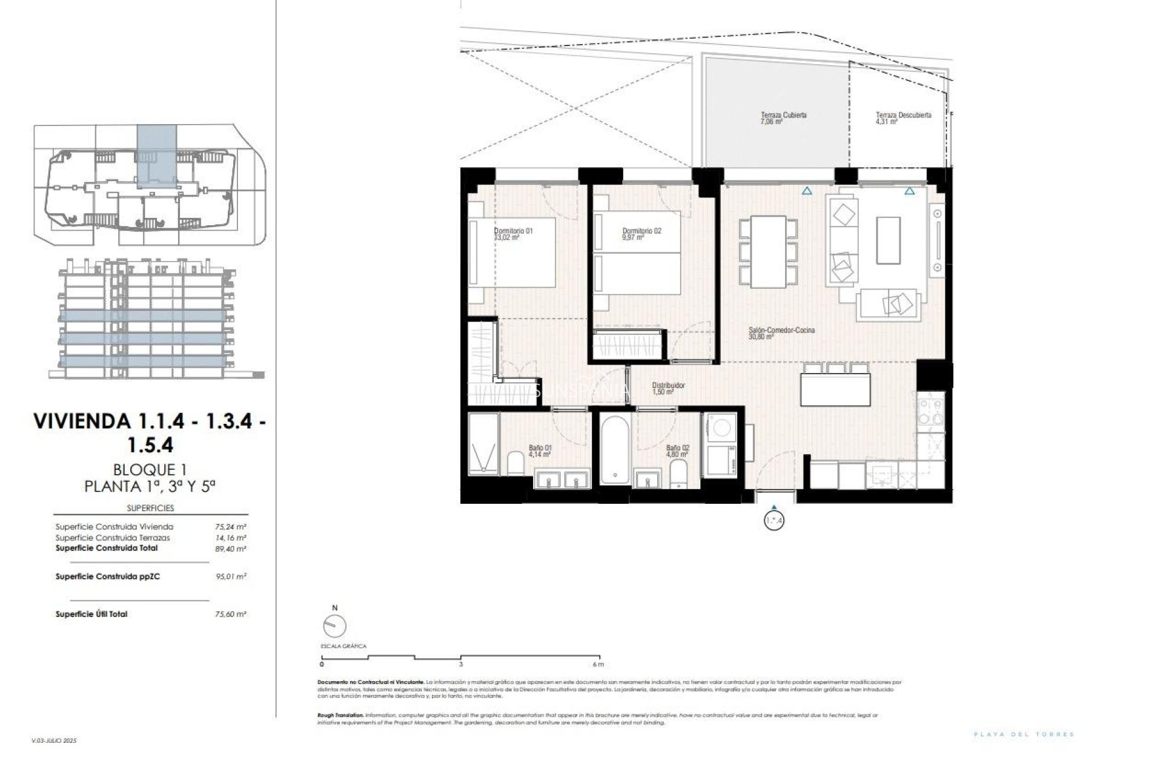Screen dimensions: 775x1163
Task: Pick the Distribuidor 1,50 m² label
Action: click(x=668, y=388)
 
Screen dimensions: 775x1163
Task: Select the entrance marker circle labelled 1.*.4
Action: click(x=774, y=520)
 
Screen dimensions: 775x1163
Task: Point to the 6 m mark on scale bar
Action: click(x=599, y=664)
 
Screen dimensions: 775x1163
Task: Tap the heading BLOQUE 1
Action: click(x=150, y=469)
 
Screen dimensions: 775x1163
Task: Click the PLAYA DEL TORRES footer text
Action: click(x=1024, y=734)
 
